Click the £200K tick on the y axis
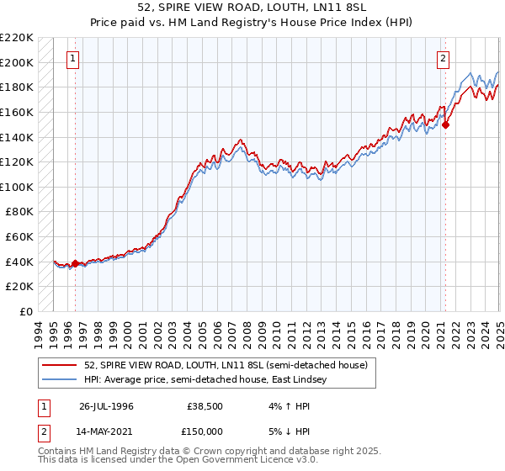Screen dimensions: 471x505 click(18, 62)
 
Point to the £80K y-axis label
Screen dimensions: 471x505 click(20, 212)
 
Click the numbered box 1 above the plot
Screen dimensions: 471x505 click(74, 59)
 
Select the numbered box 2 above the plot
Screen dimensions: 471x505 click(443, 59)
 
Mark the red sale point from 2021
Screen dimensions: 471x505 click(446, 125)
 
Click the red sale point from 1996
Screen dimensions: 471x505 click(75, 263)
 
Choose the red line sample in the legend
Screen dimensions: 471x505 click(61, 366)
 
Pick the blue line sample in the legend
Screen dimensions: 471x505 click(61, 380)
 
